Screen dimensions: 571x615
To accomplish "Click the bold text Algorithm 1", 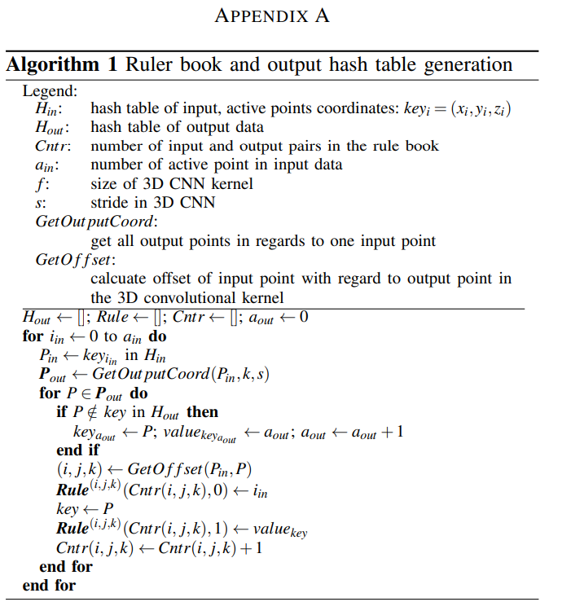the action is tap(63, 65).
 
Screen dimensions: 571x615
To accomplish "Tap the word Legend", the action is tap(50, 92).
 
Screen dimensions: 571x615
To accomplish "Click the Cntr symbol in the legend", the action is tap(53, 146).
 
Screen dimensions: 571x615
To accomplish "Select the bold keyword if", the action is tap(62, 412).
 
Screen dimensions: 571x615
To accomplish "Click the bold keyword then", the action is tap(203, 412).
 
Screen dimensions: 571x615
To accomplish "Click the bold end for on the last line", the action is tap(49, 585).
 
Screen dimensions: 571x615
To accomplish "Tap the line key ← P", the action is tap(79, 509).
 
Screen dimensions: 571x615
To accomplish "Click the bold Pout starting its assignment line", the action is tap(53, 375).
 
